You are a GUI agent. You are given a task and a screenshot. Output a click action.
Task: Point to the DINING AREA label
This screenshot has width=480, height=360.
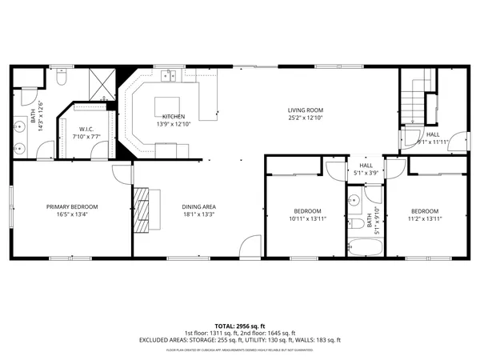198,206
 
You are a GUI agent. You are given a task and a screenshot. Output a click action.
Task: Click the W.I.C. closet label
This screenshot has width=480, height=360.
87,129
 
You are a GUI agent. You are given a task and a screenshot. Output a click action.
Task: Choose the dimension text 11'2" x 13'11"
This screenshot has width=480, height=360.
426,218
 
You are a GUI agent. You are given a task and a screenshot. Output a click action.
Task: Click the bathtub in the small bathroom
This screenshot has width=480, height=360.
365,247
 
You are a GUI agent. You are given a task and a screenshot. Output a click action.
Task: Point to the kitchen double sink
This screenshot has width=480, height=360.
168,77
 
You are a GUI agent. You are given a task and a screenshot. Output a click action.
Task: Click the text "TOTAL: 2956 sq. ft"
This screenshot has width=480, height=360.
240,326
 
